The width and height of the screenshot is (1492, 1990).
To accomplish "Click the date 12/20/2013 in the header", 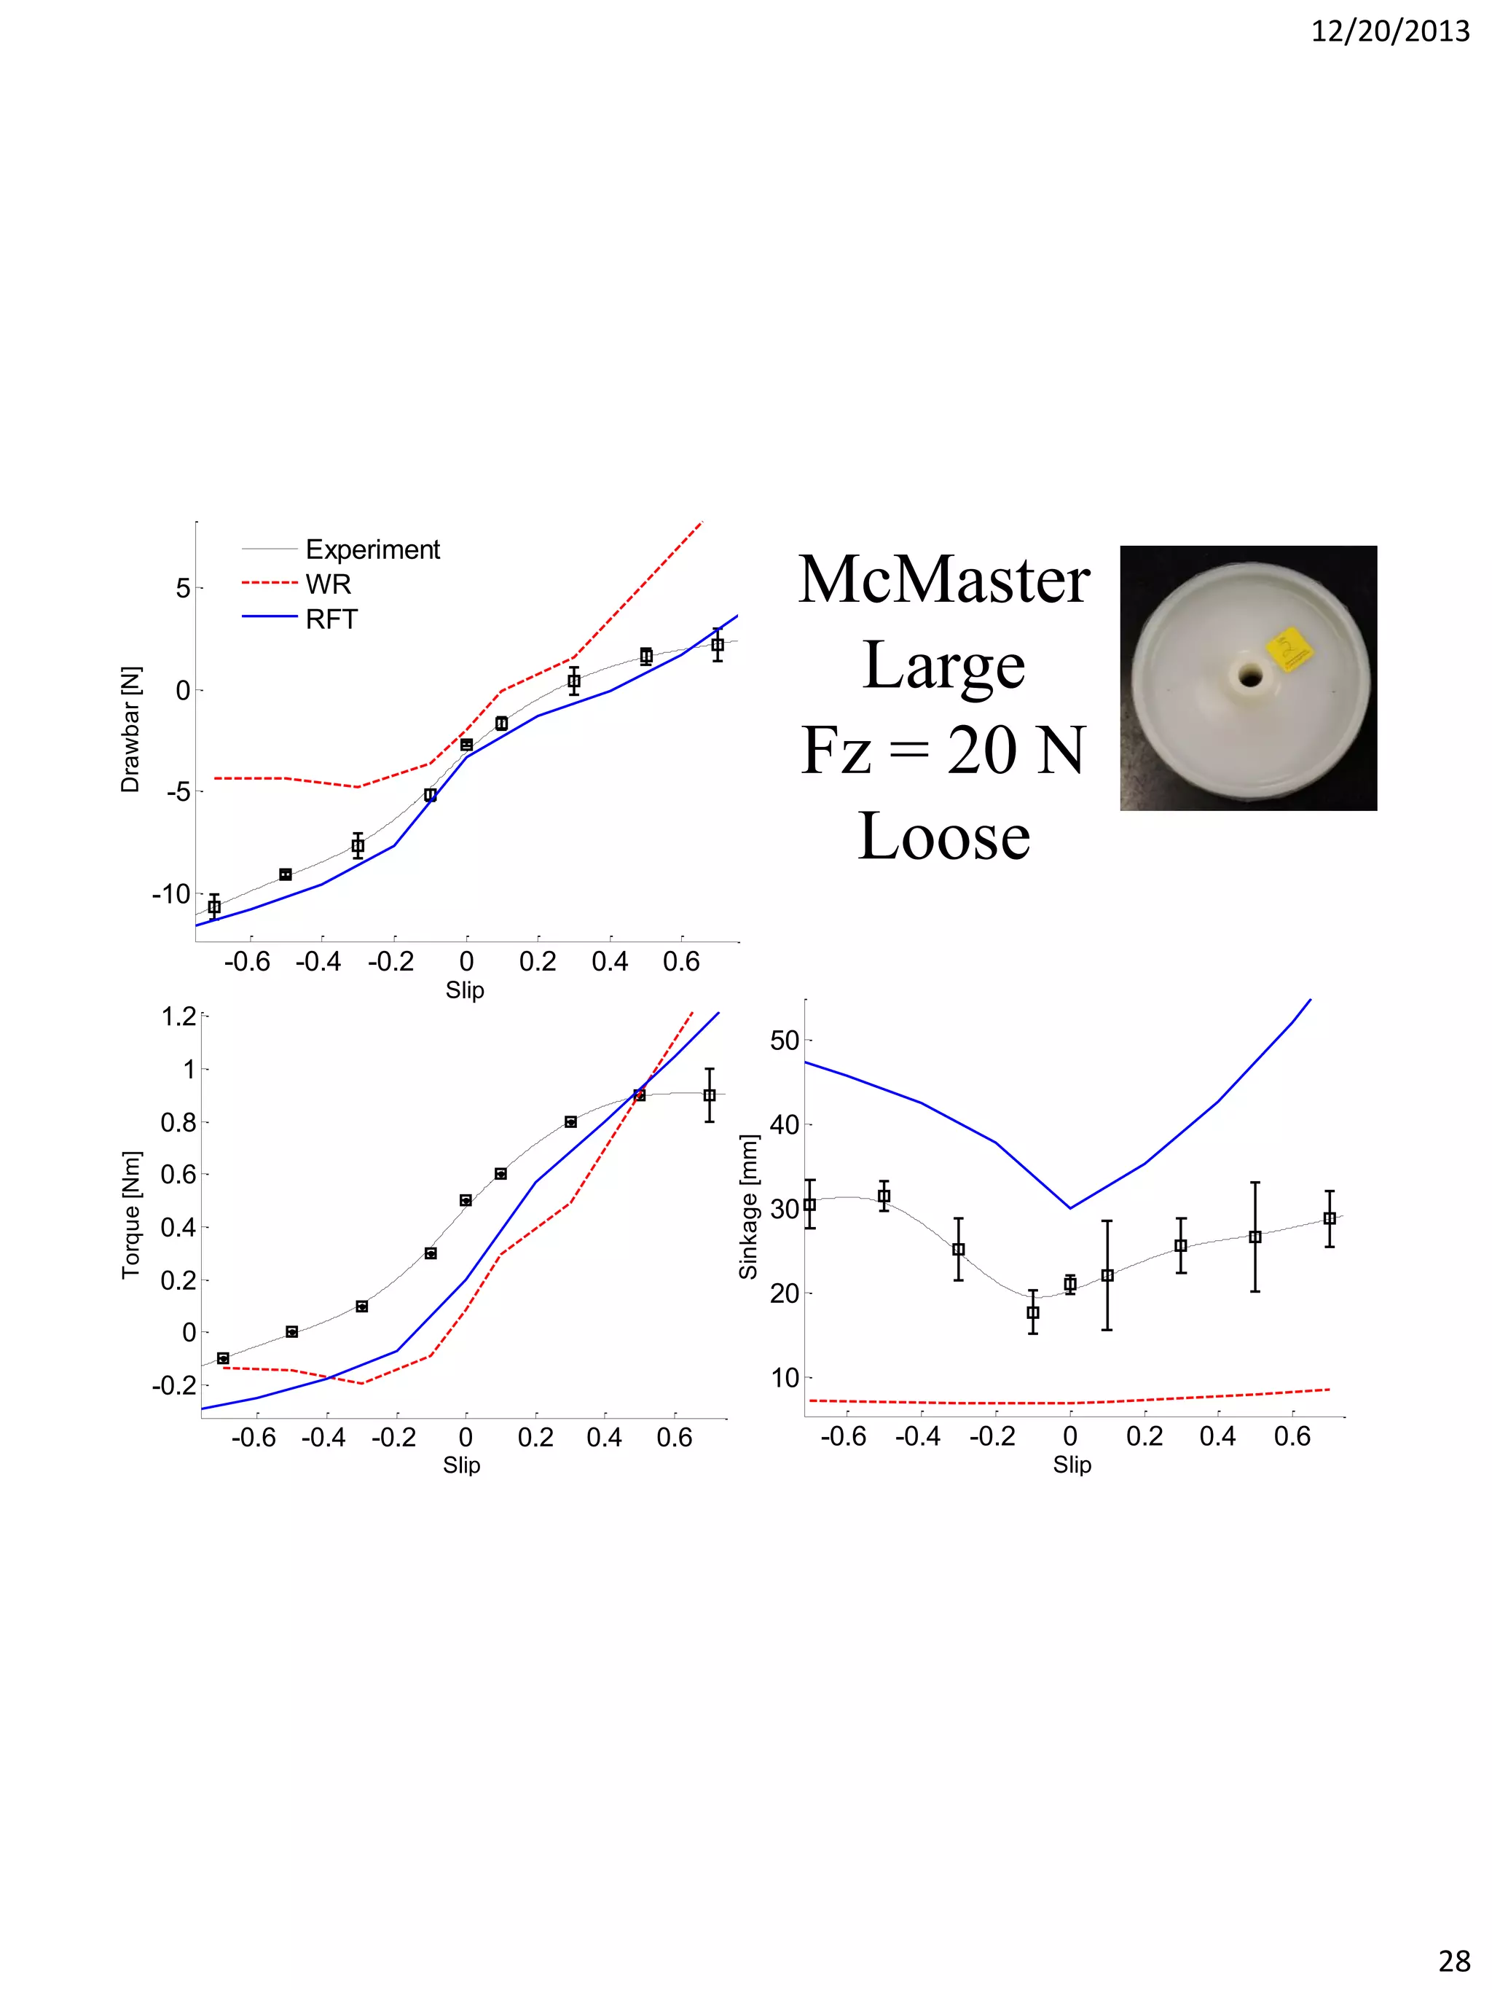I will (x=1389, y=31).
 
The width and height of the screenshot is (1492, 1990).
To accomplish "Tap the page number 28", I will (x=1454, y=1960).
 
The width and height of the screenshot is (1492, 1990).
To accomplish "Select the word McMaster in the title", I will (x=943, y=579).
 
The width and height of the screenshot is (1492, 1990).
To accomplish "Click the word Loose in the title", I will (x=943, y=837).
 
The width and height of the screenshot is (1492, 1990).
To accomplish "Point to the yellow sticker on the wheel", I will (x=1289, y=649).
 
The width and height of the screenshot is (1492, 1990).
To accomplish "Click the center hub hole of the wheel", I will (x=1249, y=675).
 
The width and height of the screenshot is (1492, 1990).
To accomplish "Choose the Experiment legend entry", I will (x=372, y=549).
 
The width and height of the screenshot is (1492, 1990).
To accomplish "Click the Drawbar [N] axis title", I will (x=130, y=729).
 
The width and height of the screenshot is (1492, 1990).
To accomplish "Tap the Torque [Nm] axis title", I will (x=131, y=1214).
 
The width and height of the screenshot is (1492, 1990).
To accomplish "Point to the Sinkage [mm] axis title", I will (x=748, y=1207).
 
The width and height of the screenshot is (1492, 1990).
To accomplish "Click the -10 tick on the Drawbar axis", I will (x=171, y=894).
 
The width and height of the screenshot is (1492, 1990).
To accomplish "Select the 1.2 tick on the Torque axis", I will (x=178, y=1016).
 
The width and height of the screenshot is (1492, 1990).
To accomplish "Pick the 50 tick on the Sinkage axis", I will (x=784, y=1041).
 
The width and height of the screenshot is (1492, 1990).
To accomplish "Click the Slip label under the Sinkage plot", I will (x=1072, y=1465).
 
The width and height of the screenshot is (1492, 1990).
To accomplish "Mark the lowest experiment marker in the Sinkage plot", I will (x=1032, y=1312).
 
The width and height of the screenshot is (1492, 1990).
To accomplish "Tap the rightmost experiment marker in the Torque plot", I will (x=710, y=1095).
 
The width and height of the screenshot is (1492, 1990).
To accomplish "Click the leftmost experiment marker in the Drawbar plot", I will (x=214, y=907).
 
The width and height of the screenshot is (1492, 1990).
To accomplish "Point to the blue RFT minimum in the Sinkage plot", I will (x=1070, y=1207).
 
